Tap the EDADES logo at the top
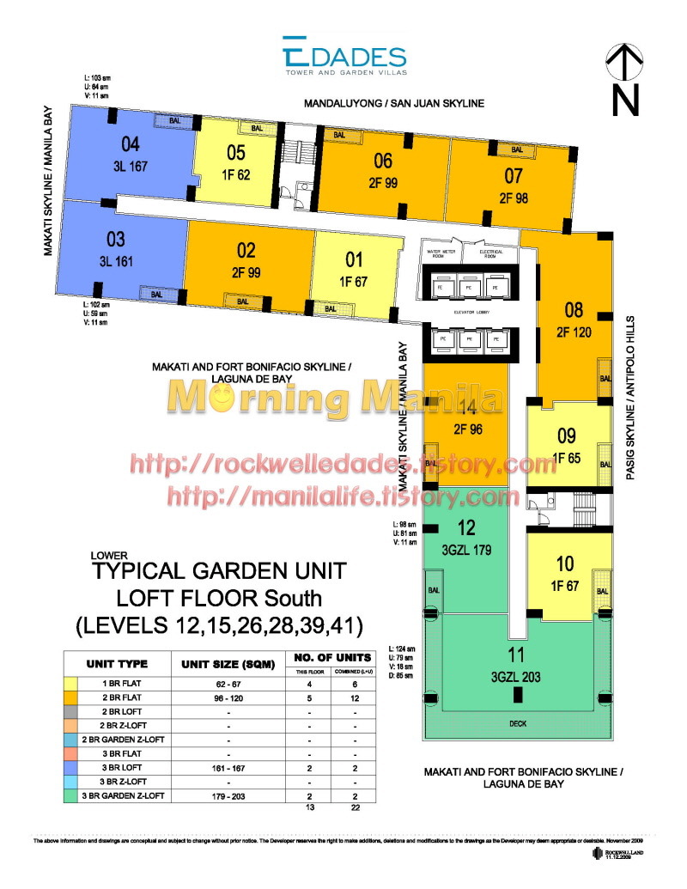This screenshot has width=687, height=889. (344, 58)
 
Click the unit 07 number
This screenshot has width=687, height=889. (513, 177)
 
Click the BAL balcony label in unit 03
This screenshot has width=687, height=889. (156, 295)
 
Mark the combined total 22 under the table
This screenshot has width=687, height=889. (355, 809)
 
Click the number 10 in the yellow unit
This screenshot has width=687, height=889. (565, 564)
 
